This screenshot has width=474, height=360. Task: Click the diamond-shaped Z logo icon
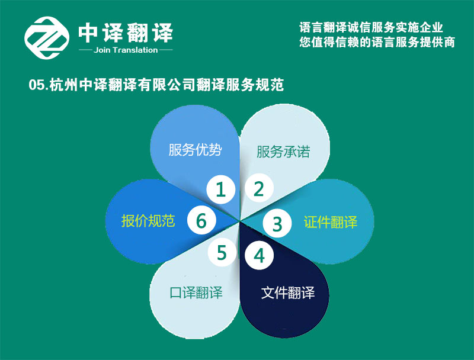pos(47,38)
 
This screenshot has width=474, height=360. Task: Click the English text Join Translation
pos(126,50)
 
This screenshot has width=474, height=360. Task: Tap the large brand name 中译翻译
pos(126,33)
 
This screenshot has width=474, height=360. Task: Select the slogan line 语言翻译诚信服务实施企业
pos(371,27)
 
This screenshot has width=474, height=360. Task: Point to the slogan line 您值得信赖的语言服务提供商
pos(377,42)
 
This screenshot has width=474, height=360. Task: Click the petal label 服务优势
pos(196,149)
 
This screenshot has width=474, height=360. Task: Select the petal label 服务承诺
pos(283,152)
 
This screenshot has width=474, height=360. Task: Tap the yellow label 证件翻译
pos(331,222)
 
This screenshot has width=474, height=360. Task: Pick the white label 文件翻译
pos(288,292)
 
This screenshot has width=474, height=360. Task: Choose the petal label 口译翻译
pos(196,292)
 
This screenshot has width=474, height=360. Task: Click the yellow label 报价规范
pos(148,220)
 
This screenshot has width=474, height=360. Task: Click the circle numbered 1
pos(220,189)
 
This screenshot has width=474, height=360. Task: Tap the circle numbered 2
pos(259,188)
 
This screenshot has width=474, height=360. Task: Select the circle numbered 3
pos(277,223)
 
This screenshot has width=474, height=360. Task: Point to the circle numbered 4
pos(259,256)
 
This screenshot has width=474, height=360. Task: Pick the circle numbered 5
pos(222,252)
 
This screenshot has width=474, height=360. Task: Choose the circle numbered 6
pos(201,220)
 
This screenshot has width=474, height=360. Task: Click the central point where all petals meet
pos(240,221)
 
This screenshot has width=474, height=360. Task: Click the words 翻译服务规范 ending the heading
pos(240,85)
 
